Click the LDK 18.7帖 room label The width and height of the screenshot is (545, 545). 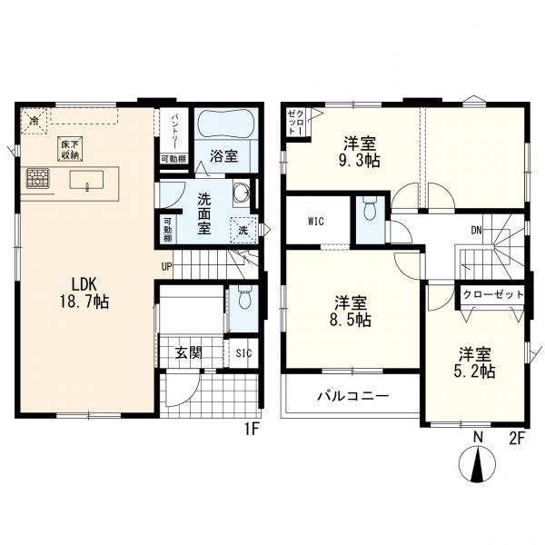(84, 293)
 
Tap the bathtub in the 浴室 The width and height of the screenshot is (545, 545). (225, 123)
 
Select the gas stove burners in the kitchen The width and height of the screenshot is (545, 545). (38, 178)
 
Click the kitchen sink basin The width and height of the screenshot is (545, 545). (86, 180)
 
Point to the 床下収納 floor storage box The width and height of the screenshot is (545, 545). (70, 149)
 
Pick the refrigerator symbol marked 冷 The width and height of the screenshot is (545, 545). (34, 121)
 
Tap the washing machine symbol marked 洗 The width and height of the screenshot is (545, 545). (243, 230)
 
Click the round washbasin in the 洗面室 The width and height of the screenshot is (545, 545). (241, 193)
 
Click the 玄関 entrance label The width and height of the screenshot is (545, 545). (188, 352)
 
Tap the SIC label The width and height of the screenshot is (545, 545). (243, 353)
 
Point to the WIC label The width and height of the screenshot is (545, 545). (316, 221)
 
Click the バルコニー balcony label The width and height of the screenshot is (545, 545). (352, 396)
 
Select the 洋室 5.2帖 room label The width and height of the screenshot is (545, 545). (475, 362)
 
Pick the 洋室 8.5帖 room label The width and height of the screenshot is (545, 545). (351, 311)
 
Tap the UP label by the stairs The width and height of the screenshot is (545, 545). (166, 266)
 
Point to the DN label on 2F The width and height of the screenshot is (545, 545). (477, 230)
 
